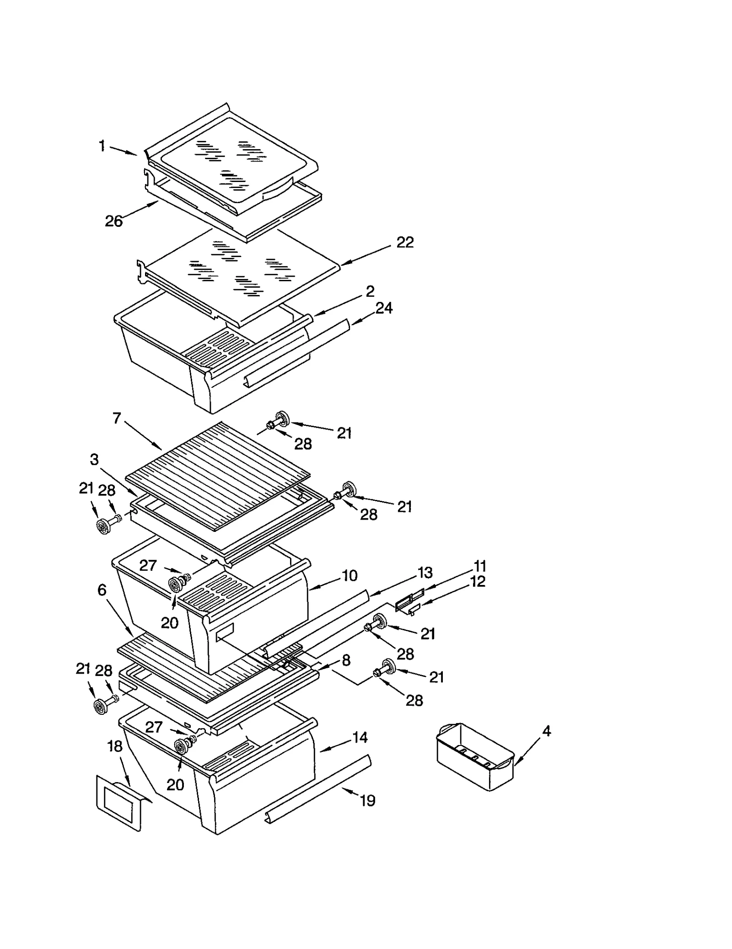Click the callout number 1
(x=102, y=146)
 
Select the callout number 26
(x=114, y=221)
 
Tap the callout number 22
(x=404, y=242)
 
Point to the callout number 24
(x=384, y=308)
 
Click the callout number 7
(x=117, y=418)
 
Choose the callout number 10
(x=350, y=576)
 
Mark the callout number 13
(x=425, y=573)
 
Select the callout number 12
(x=478, y=582)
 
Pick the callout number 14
(x=360, y=738)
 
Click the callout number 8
(x=346, y=660)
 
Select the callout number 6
(x=102, y=590)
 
